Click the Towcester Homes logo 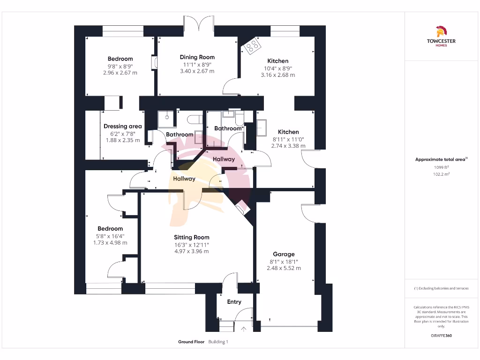(x=441, y=37)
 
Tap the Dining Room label (x=197, y=57)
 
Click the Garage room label (x=284, y=254)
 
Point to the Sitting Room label (x=191, y=237)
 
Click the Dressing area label (x=122, y=126)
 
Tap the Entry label (x=234, y=302)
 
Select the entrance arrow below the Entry (x=243, y=329)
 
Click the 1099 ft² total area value (x=441, y=167)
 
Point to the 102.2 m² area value (x=441, y=174)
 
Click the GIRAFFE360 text (x=441, y=336)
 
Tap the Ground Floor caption (x=191, y=342)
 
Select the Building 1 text (x=218, y=342)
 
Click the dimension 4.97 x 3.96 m (x=191, y=251)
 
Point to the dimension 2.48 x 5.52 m (x=284, y=268)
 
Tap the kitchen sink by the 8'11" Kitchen (x=262, y=126)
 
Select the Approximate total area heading (x=441, y=159)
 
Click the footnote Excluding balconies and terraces (x=441, y=288)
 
